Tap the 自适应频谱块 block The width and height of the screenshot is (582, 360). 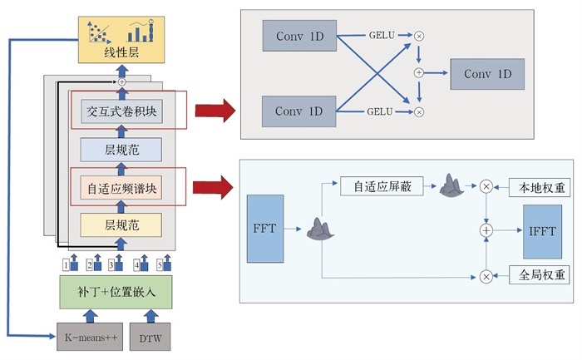tap(121, 188)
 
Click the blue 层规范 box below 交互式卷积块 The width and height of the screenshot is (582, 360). tap(121, 150)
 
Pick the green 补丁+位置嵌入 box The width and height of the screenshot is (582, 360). tap(121, 293)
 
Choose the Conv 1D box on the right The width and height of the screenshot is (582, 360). tap(489, 74)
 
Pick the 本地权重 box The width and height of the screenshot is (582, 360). tap(540, 187)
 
